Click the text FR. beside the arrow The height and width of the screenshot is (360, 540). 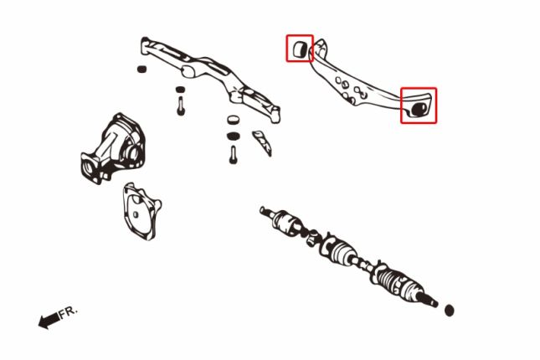(69, 312)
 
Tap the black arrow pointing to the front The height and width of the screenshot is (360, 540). (49, 321)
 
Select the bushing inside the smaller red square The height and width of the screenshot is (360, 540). (299, 49)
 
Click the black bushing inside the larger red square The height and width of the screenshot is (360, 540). (419, 109)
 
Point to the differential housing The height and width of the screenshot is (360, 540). (112, 148)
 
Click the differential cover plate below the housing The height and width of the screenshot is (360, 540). (141, 211)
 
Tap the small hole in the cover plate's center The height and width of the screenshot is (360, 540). (136, 214)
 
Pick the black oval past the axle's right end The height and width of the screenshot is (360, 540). (449, 311)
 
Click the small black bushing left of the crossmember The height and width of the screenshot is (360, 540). (141, 69)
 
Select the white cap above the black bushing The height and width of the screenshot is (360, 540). (233, 120)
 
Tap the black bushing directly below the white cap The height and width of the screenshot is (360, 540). (233, 136)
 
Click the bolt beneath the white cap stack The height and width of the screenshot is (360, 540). (233, 155)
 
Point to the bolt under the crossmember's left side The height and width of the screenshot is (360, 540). (181, 105)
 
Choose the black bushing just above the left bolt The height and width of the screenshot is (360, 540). (180, 90)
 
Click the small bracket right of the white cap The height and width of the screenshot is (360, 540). (262, 142)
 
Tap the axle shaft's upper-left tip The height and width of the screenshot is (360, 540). (262, 208)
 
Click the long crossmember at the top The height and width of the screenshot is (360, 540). (210, 80)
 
